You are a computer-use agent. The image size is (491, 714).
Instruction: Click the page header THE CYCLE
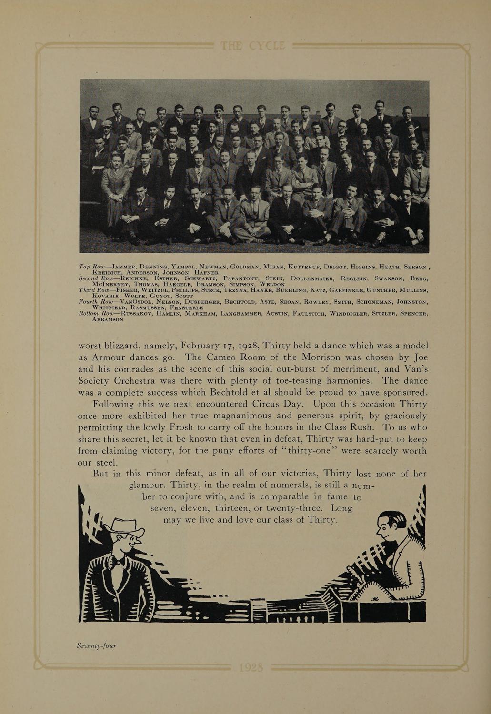tap(252, 46)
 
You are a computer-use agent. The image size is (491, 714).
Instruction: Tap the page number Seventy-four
tap(97, 646)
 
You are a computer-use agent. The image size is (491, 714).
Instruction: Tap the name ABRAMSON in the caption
tap(108, 319)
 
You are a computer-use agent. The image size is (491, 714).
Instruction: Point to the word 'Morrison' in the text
tap(327, 357)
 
